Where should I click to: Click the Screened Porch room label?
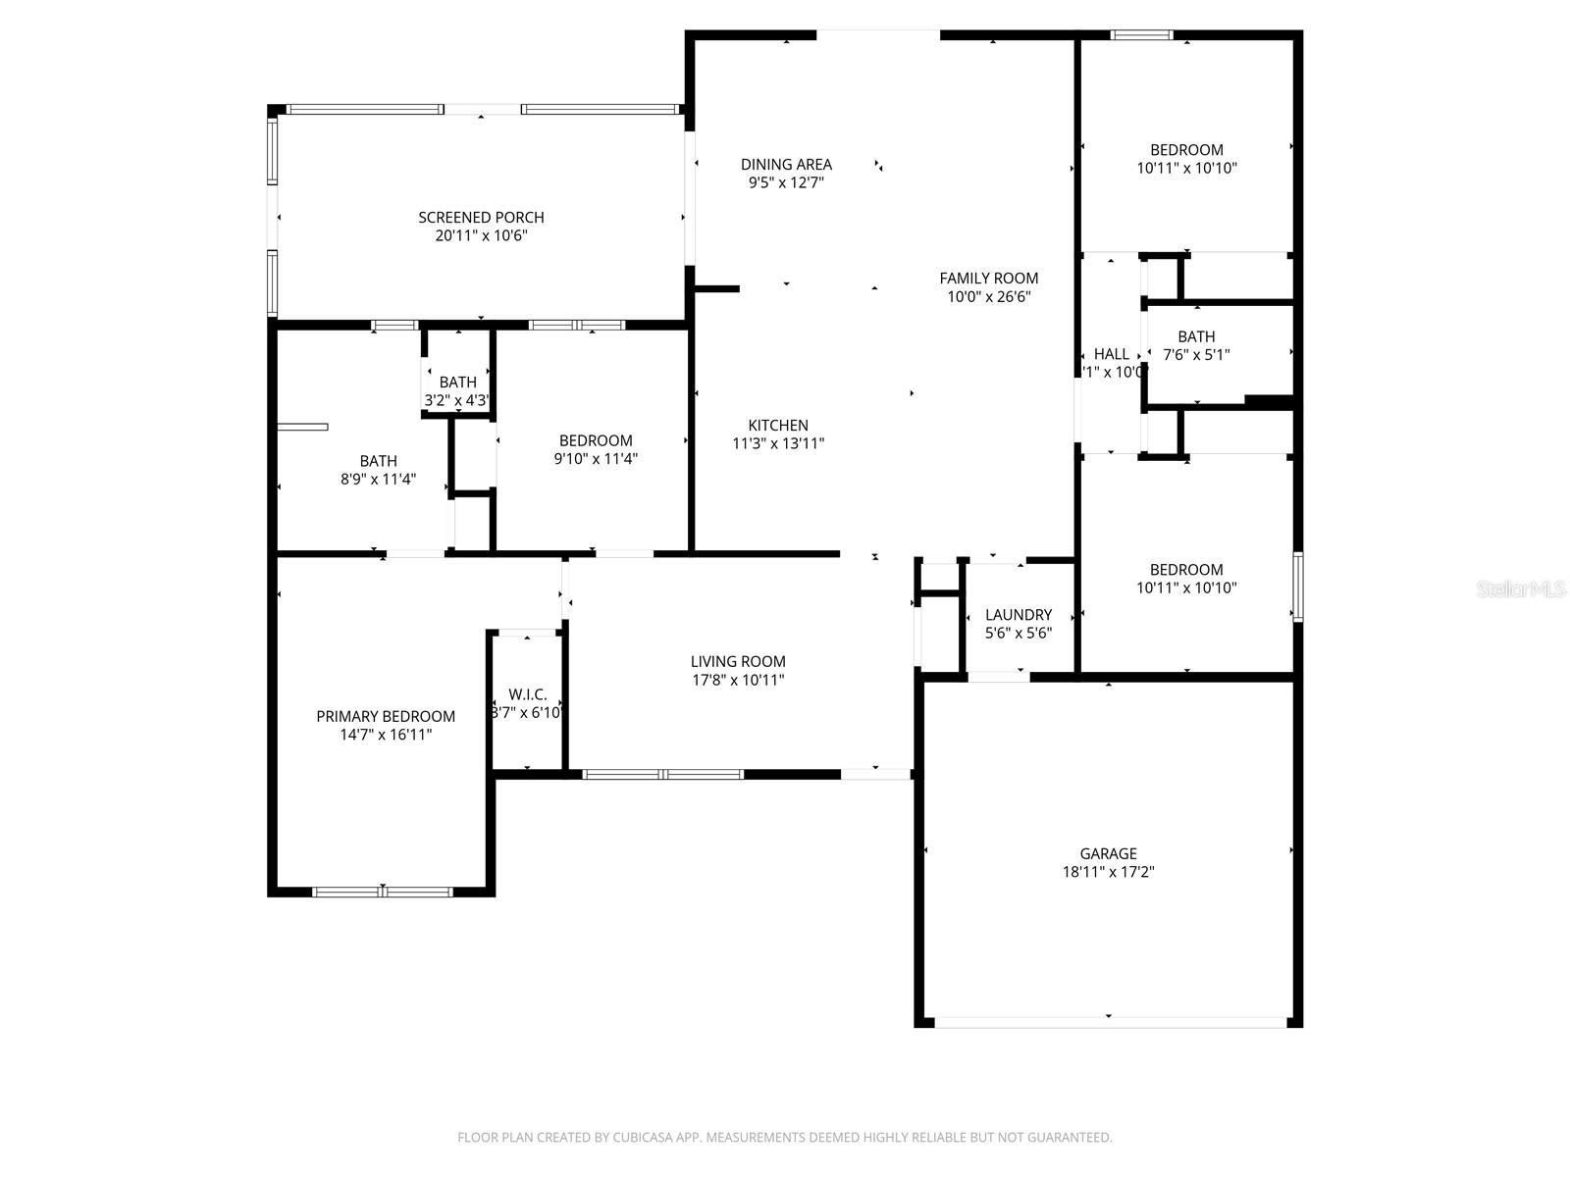(481, 218)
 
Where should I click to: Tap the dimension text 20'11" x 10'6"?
(481, 235)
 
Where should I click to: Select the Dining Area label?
(786, 165)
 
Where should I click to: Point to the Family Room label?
(988, 279)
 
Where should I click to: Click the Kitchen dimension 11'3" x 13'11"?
(778, 443)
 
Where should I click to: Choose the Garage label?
(1108, 854)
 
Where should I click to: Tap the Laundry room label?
(1019, 615)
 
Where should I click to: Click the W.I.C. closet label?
(528, 694)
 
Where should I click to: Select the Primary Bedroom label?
(386, 717)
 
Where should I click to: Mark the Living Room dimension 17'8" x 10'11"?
(738, 680)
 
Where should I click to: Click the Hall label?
(1111, 354)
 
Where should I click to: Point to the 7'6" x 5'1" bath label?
(1196, 355)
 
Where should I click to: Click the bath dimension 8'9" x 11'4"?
(378, 480)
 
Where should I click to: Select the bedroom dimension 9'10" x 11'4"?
(596, 458)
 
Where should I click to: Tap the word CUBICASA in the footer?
(642, 1138)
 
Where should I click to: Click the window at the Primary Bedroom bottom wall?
(383, 892)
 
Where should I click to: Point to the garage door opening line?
(1109, 1022)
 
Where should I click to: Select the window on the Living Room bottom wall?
(663, 775)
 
